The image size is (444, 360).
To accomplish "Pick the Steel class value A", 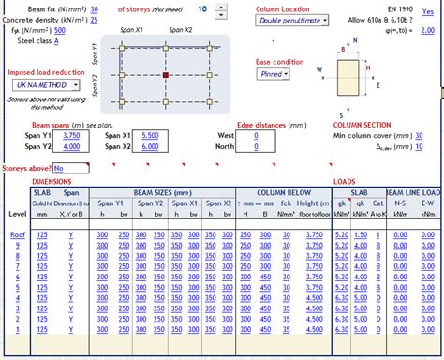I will click(56, 41).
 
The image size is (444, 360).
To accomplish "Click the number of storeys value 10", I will click(203, 8).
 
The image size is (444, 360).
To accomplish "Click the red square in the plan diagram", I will click(166, 73).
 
